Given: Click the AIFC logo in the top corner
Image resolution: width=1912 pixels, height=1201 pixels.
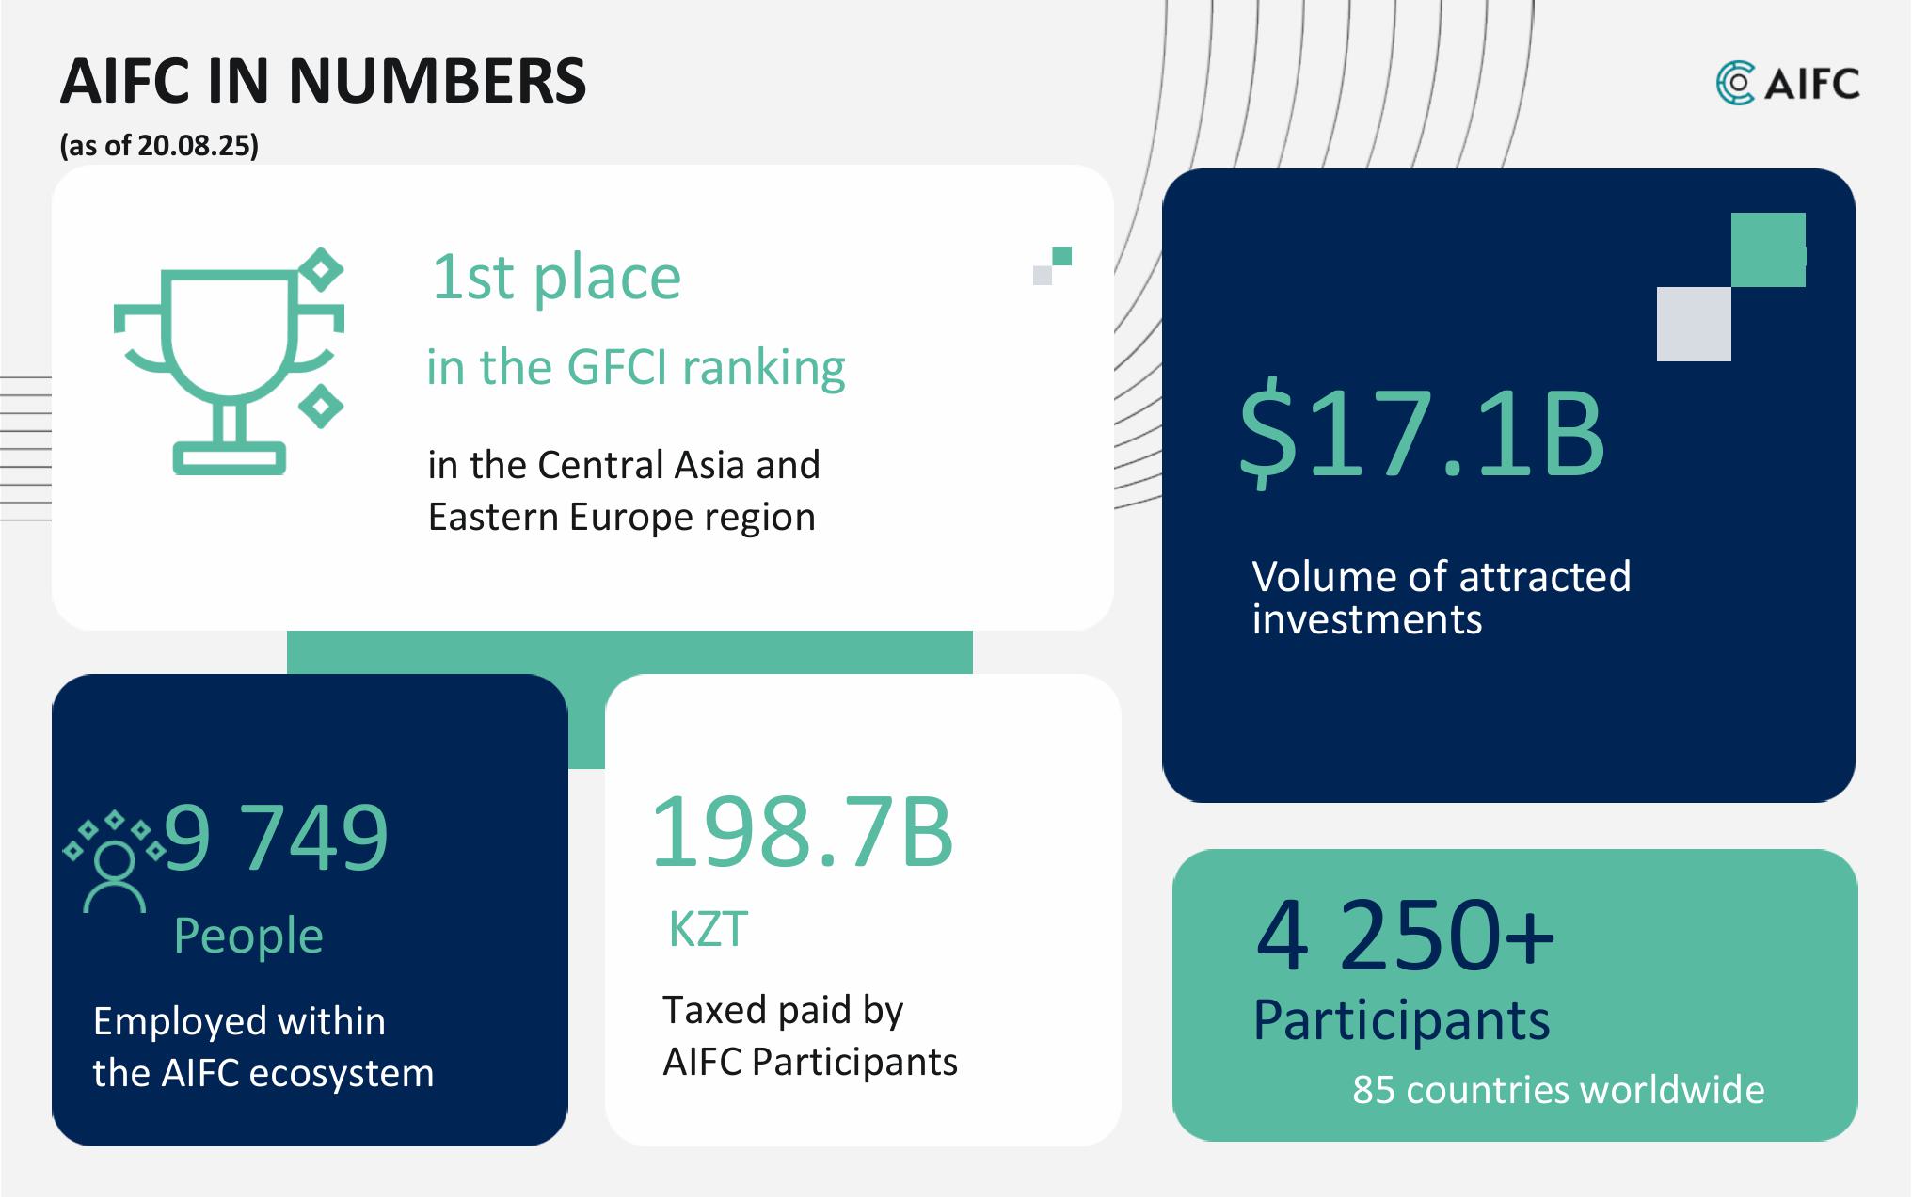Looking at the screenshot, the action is pos(1787,83).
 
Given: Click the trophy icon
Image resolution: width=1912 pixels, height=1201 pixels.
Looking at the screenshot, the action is pos(229,361).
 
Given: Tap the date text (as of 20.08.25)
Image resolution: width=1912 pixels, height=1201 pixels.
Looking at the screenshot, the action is pos(159,145).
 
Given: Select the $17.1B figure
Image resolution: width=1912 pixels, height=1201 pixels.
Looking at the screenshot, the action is pos(1421,434).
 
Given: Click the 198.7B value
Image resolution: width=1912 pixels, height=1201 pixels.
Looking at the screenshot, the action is pos(802,831).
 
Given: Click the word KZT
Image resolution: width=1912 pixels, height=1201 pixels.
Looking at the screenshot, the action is pos(709,929).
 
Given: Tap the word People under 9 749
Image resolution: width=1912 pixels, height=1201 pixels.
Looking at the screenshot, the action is pos(248,936).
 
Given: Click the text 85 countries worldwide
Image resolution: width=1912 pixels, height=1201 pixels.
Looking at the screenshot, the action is pos(1558,1089).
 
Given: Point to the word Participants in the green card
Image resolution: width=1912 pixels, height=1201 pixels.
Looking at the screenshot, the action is pos(1401,1020).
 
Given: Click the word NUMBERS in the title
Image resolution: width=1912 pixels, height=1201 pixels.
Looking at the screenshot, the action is pos(438,81).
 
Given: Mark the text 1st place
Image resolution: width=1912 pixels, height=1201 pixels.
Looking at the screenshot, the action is pos(556,278).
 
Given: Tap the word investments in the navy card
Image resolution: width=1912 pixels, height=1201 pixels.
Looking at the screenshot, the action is pos(1367,619).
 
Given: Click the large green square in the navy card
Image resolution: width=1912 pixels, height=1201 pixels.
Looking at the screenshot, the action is pos(1768,249).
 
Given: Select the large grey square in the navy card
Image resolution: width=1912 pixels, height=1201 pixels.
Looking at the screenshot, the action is pos(1694,324).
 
